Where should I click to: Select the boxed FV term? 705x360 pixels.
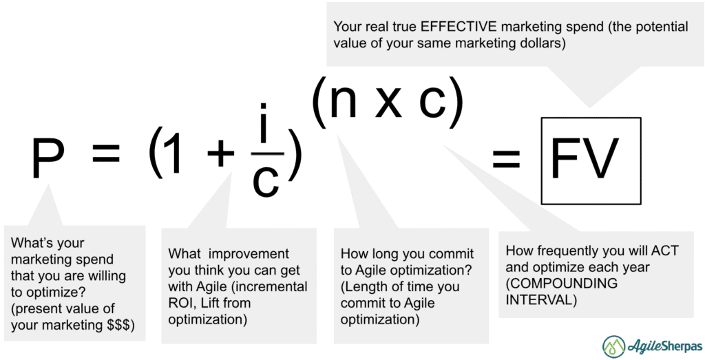(591, 160)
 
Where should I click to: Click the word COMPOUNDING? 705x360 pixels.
(562, 284)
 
